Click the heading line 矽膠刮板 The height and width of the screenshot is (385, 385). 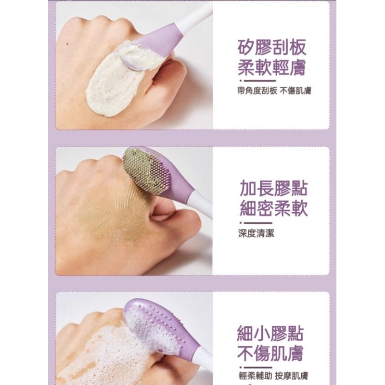[272, 47]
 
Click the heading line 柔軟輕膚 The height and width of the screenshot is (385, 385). [272, 67]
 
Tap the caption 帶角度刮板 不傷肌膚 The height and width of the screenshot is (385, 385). [274, 91]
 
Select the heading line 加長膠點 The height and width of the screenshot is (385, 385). [273, 189]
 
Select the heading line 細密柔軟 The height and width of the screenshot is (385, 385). [273, 209]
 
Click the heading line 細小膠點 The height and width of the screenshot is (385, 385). [270, 334]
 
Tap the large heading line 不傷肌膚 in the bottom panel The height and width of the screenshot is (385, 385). [270, 353]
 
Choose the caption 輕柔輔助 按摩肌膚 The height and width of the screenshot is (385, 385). [273, 376]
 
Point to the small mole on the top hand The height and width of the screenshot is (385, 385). [68, 44]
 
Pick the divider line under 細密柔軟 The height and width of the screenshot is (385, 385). [256, 223]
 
